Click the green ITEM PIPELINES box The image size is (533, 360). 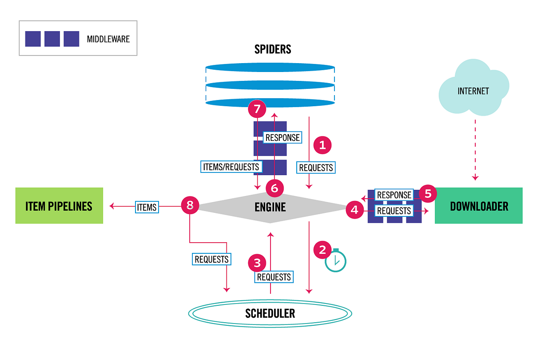pyautogui.click(x=59, y=205)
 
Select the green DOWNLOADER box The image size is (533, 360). pyautogui.click(x=478, y=205)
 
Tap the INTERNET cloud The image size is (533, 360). pyautogui.click(x=473, y=91)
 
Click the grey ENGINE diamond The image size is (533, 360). pyautogui.click(x=270, y=207)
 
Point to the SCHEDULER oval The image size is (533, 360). pyautogui.click(x=270, y=313)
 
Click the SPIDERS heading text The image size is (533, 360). pyautogui.click(x=273, y=49)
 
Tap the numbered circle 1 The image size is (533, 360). pyautogui.click(x=323, y=144)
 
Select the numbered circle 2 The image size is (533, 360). pyautogui.click(x=323, y=249)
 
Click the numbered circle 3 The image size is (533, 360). pyautogui.click(x=257, y=262)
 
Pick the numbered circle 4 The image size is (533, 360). pyautogui.click(x=354, y=209)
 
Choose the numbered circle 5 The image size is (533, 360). pyautogui.click(x=428, y=194)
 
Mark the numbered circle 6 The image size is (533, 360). pyautogui.click(x=274, y=188)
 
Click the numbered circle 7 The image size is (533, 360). pyautogui.click(x=257, y=108)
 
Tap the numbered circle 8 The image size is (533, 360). pyautogui.click(x=190, y=205)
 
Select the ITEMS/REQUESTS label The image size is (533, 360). pyautogui.click(x=231, y=167)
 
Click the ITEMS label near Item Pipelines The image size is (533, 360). pyautogui.click(x=147, y=207)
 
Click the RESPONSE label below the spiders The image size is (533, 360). pyautogui.click(x=282, y=137)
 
